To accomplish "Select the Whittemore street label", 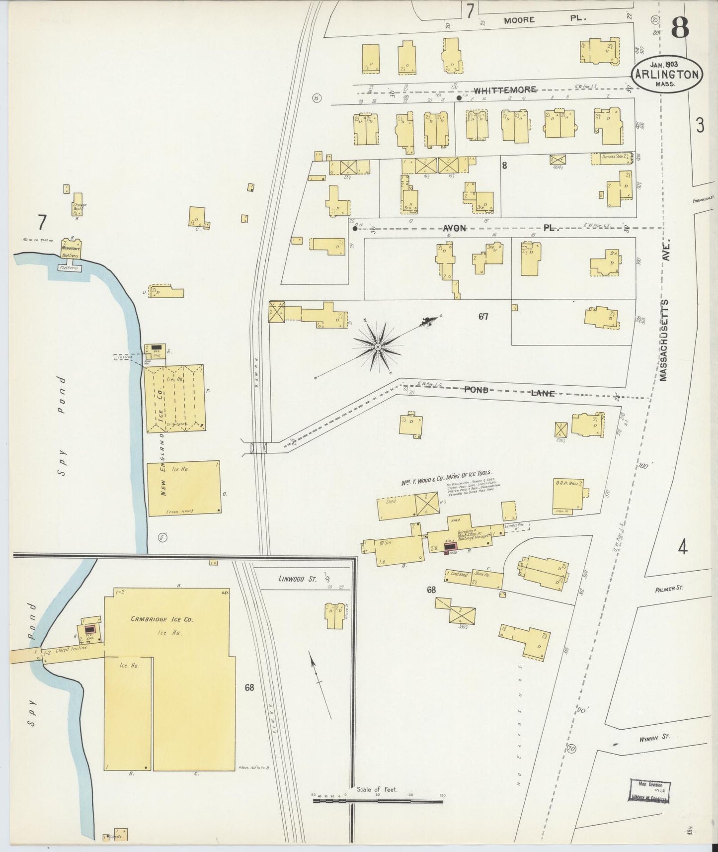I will click(505, 90).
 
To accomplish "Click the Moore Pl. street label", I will click(545, 20).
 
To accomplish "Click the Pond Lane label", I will click(509, 391).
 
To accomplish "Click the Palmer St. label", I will click(669, 588).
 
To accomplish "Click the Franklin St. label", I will click(704, 201).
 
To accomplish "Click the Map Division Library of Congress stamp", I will click(649, 794).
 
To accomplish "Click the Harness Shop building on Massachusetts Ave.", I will click(611, 159).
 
